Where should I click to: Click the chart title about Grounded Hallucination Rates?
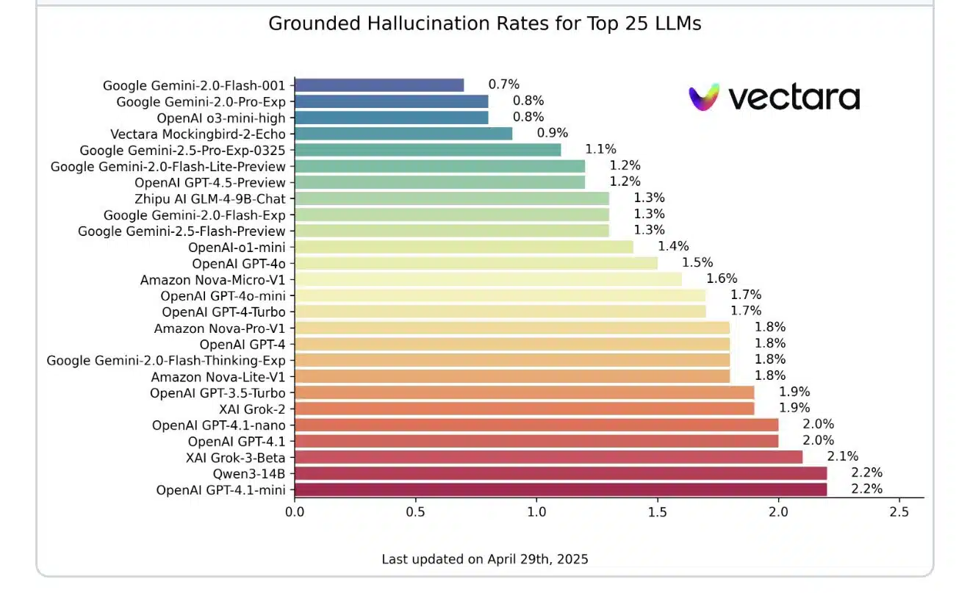tap(484, 24)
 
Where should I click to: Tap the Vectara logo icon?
tap(704, 97)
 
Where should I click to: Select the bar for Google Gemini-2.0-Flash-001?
tap(379, 85)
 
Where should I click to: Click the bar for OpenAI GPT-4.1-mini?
tap(561, 489)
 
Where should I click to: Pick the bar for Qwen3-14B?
tap(561, 473)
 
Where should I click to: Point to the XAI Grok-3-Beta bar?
tap(548, 457)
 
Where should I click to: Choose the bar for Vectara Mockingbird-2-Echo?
tap(403, 134)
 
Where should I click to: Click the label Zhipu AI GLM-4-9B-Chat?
tap(210, 198)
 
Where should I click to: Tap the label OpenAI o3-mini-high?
tap(221, 118)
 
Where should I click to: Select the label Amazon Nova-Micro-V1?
tap(213, 279)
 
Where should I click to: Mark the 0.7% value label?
tap(504, 85)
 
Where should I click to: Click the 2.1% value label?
tap(843, 456)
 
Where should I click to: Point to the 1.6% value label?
tap(722, 278)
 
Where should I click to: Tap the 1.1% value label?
tap(600, 149)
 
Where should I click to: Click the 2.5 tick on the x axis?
tap(899, 511)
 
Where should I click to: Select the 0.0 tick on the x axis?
tap(295, 511)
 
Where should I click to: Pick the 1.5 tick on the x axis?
tap(657, 511)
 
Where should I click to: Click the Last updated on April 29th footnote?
tap(484, 559)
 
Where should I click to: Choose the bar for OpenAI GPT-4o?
tap(476, 263)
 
